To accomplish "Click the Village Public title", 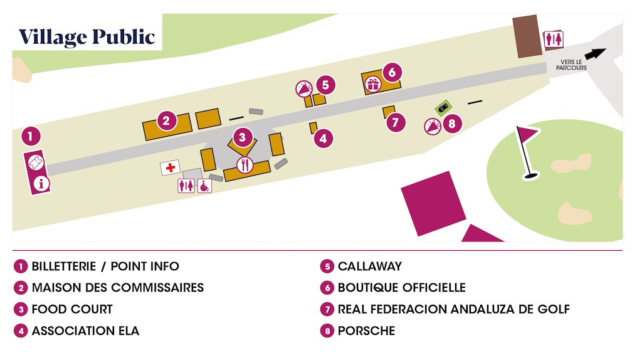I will coord(87,37).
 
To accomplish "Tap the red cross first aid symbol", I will coord(170,167).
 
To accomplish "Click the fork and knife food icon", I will coord(244,166).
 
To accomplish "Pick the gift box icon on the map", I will coord(374,84).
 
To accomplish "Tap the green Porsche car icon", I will coord(443,109).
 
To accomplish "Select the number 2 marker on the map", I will coord(166,120).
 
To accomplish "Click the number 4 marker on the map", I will coord(323,138).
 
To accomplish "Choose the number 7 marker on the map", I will coord(394,122).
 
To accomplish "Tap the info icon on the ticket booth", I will coord(42,184).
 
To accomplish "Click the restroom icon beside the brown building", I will coord(553,39).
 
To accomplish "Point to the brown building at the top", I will coord(527,37).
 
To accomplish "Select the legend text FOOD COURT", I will coord(72,309).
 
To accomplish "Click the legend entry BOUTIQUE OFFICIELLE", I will coord(401,288).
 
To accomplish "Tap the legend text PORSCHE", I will coord(366,331).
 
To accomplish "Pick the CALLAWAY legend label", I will coord(369,267).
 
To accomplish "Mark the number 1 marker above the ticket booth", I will coord(31,135).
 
